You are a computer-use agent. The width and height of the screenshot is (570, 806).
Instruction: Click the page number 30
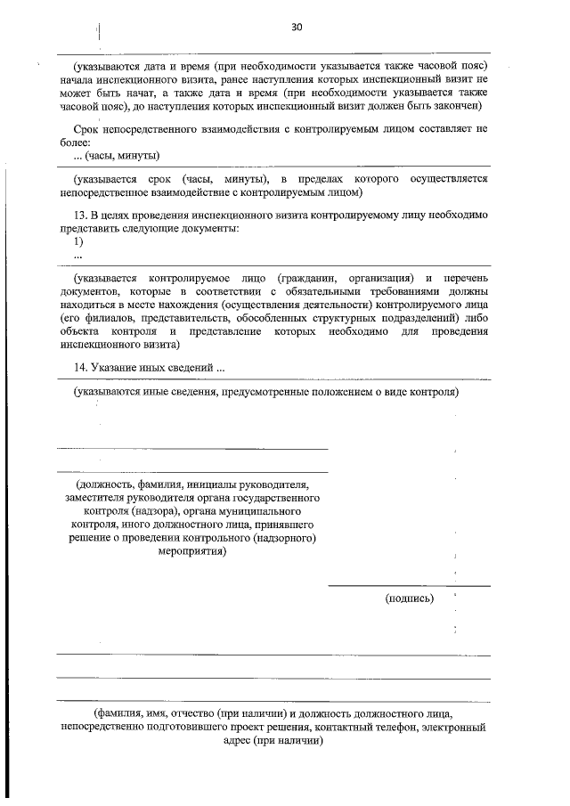click(x=297, y=28)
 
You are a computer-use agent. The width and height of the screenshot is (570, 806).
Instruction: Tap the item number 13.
click(x=81, y=216)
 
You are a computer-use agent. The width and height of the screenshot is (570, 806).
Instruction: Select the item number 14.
click(x=81, y=368)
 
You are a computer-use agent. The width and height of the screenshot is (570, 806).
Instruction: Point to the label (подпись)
click(x=410, y=598)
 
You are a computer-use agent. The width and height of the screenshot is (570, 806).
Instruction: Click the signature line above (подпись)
click(x=409, y=585)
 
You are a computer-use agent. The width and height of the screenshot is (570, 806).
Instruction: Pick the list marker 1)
click(x=78, y=241)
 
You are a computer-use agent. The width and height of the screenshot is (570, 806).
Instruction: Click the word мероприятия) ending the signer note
click(x=191, y=550)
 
